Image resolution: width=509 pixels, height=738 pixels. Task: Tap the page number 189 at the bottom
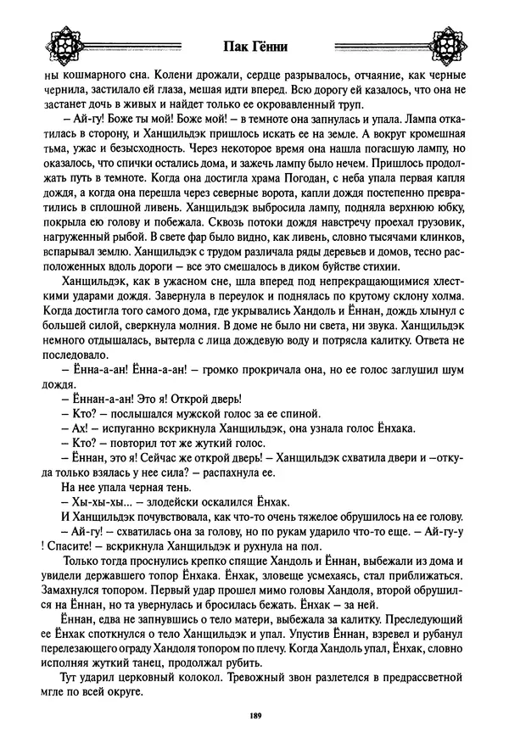coord(255,716)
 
